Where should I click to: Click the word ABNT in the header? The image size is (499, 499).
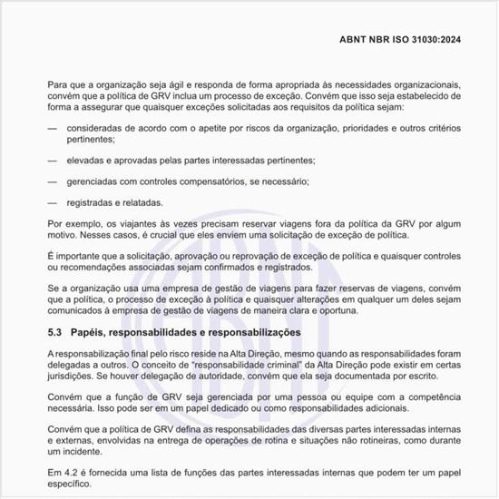pos(356,40)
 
